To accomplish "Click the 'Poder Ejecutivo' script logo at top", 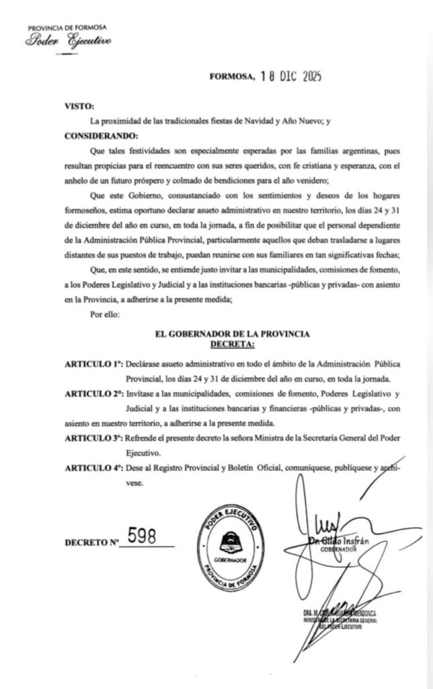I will click(69, 41).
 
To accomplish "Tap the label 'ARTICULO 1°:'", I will click(94, 363).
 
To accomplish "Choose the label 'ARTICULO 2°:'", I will click(94, 393).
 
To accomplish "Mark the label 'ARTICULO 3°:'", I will click(94, 438).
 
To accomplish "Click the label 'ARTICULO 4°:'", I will click(94, 468).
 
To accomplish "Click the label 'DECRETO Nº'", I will click(91, 542).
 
